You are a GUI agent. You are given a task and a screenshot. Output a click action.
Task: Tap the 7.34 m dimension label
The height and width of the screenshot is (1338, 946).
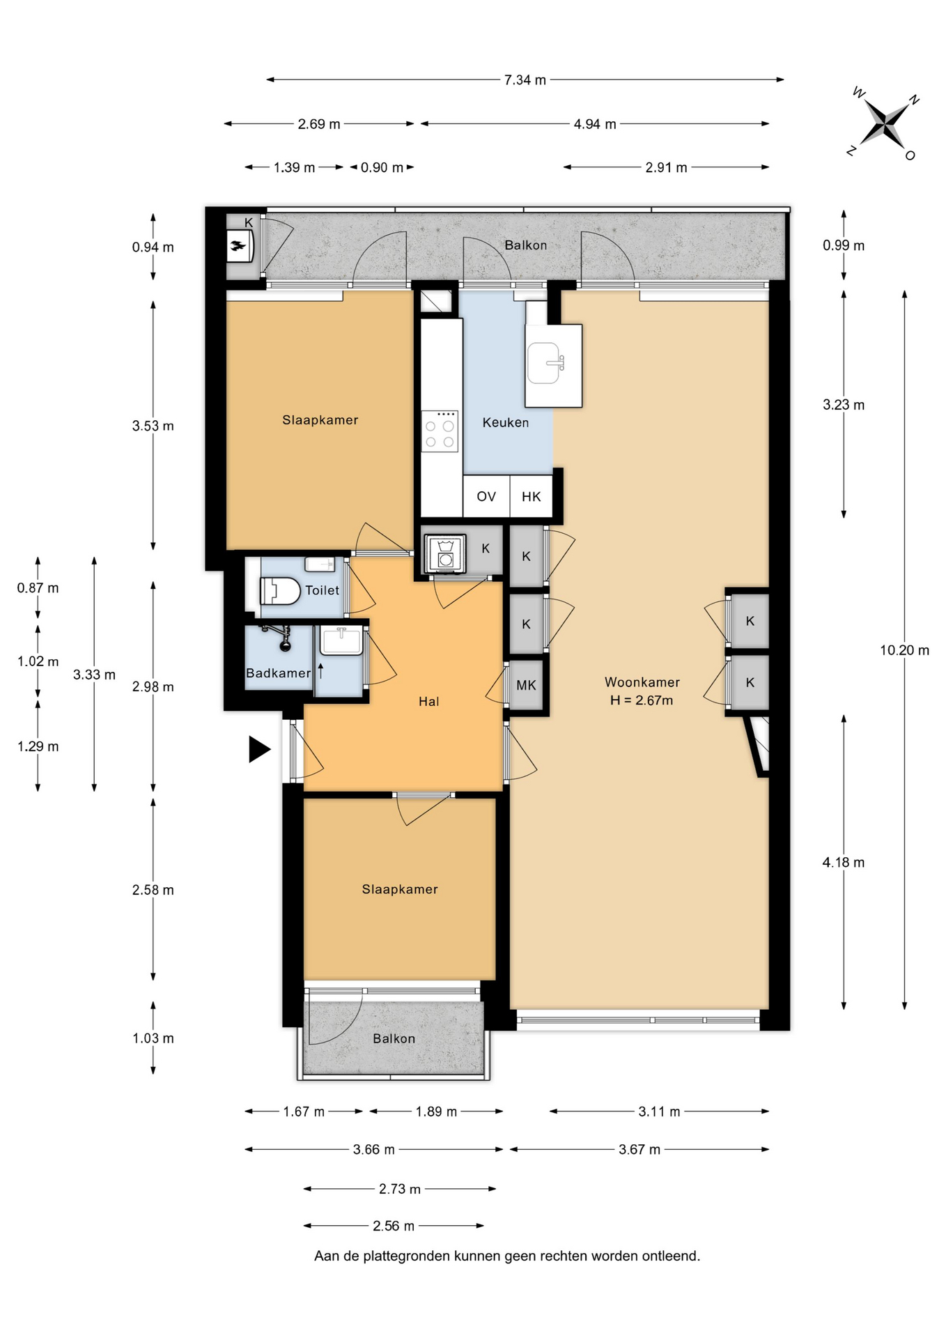coord(525,80)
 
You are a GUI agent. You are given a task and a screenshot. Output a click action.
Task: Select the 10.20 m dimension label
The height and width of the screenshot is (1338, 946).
coord(904,650)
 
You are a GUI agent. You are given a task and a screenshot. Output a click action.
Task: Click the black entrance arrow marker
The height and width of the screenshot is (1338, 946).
coord(259,750)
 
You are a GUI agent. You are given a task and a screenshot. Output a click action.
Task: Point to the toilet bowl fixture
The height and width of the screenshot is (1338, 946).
coord(280,591)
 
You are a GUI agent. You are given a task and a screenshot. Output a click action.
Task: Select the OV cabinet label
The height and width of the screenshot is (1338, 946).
coord(486,496)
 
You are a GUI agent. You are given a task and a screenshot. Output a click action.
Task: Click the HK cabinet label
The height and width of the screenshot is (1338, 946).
coord(532,496)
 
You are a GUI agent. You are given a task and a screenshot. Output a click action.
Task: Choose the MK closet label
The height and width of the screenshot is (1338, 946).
coord(527,686)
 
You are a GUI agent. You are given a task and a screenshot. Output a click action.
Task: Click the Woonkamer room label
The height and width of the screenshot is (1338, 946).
coord(642,682)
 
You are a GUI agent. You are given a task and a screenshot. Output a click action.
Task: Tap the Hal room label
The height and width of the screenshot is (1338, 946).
coord(429,702)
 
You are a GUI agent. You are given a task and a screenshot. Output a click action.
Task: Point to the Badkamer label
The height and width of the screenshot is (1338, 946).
coord(278,673)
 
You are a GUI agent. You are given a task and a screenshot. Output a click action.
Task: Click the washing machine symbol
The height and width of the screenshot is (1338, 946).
coord(445,553)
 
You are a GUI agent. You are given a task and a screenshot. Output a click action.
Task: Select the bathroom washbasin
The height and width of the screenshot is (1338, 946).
coord(341,640)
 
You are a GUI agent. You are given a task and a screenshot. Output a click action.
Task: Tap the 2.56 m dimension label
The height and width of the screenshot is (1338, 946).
coord(394,1226)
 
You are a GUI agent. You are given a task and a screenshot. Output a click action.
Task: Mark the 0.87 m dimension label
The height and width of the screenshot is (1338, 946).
coord(38,588)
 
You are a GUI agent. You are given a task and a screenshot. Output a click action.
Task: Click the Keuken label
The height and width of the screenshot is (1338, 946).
coord(506,422)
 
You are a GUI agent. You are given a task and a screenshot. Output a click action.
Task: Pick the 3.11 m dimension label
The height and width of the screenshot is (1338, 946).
coord(659,1112)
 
